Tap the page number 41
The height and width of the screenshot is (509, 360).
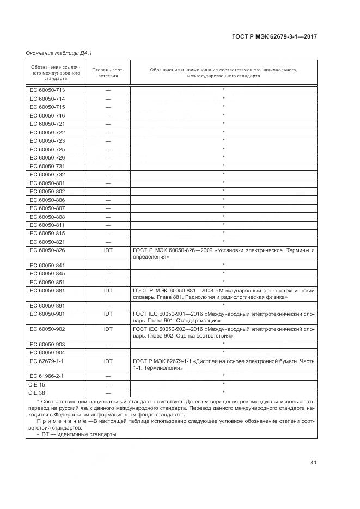(x=313, y=463)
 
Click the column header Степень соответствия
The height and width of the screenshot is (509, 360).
(x=108, y=73)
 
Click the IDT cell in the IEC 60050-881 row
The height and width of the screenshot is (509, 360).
(x=108, y=291)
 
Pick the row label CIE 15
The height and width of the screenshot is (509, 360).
(x=36, y=384)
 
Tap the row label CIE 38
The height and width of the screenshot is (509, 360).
(x=36, y=393)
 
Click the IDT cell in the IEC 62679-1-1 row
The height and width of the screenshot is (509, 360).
(x=108, y=361)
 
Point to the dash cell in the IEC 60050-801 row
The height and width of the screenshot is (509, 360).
(x=108, y=183)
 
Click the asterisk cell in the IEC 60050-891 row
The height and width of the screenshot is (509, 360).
(x=223, y=305)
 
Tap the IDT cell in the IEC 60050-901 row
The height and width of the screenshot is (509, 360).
(x=108, y=314)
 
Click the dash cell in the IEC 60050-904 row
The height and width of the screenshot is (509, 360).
(x=108, y=352)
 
